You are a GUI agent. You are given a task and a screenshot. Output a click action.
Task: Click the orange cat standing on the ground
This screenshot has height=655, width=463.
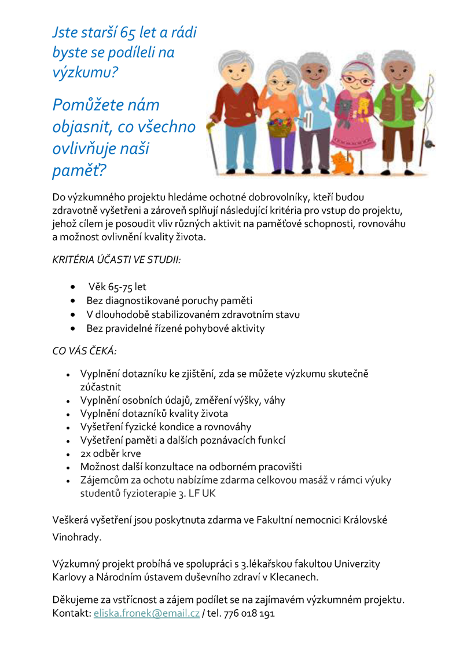click(342, 162)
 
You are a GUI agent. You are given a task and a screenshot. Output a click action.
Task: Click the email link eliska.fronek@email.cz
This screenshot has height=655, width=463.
click(146, 613)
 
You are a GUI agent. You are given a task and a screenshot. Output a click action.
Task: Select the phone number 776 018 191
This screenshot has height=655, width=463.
click(250, 613)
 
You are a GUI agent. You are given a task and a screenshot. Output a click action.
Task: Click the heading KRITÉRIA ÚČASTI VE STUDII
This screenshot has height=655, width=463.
click(116, 259)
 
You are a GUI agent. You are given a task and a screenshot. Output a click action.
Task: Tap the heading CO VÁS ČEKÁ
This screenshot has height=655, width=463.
click(84, 351)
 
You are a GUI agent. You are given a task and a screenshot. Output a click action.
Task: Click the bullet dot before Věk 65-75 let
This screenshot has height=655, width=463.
click(74, 287)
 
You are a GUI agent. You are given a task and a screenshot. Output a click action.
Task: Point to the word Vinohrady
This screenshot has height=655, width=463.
click(76, 537)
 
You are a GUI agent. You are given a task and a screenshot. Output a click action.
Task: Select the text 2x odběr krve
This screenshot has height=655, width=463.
click(111, 453)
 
